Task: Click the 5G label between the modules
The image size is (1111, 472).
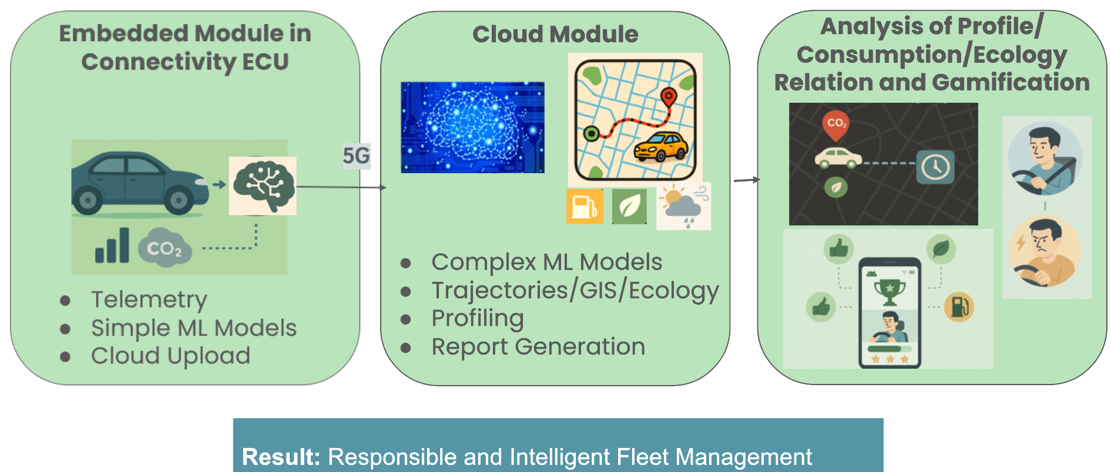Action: [356, 156]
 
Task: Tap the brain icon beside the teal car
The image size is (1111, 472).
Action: [263, 186]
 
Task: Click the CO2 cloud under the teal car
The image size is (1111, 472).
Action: [165, 248]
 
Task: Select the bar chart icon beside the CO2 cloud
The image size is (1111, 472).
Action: [112, 245]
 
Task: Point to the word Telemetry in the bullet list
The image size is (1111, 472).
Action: [149, 299]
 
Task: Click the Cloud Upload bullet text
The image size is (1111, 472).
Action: [170, 356]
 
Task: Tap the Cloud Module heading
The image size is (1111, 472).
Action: [555, 34]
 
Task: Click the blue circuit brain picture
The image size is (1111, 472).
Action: [472, 127]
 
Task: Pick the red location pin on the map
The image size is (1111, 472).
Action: [669, 97]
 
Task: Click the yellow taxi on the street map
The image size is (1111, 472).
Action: [661, 147]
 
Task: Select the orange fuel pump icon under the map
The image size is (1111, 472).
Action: [585, 206]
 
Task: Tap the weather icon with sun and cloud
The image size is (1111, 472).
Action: [683, 206]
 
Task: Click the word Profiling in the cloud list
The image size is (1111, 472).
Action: [478, 318]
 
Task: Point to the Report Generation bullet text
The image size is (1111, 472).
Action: [538, 346]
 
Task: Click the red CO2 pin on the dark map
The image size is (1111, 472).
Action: [835, 124]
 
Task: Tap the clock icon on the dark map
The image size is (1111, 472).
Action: [935, 167]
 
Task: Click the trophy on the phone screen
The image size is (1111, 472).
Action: [890, 291]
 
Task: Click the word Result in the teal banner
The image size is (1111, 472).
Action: [281, 457]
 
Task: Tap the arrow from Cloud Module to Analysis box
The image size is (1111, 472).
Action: [747, 180]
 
